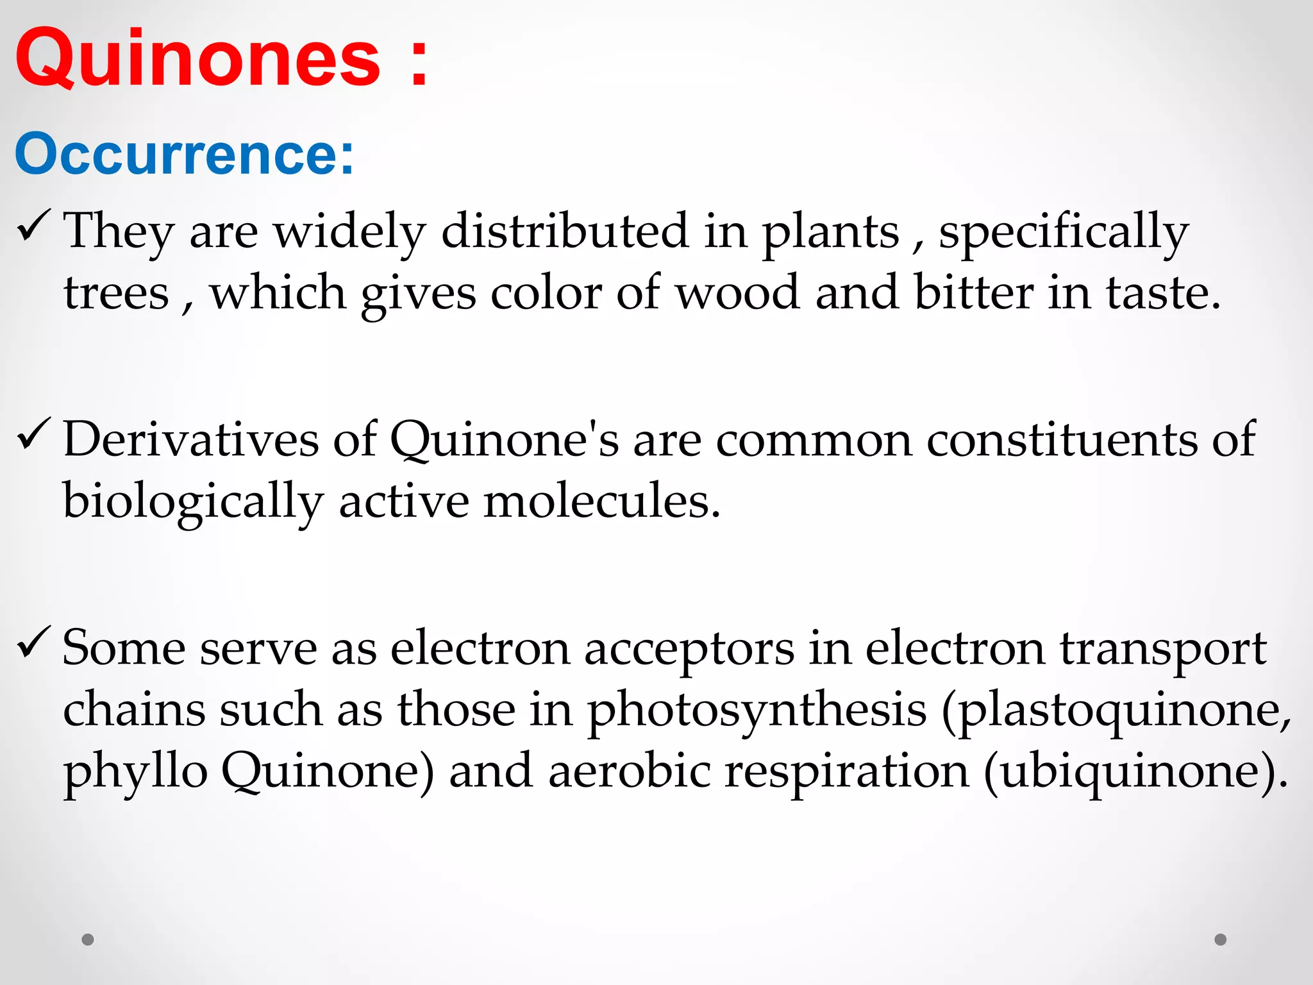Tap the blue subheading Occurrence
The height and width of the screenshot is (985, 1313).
coord(184,155)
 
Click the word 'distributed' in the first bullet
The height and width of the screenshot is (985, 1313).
coord(564,231)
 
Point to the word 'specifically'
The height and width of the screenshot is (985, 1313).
coord(1063,232)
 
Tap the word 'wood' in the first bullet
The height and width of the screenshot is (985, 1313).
coord(737,293)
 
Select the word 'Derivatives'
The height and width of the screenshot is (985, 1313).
coord(191,439)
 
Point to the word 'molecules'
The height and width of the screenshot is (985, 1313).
coord(602,501)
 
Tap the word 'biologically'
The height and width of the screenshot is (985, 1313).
coord(192,502)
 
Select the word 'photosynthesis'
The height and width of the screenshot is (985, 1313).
coord(757,711)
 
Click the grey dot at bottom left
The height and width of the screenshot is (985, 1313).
coord(88,939)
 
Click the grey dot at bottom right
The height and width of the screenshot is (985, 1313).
coord(1221,939)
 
